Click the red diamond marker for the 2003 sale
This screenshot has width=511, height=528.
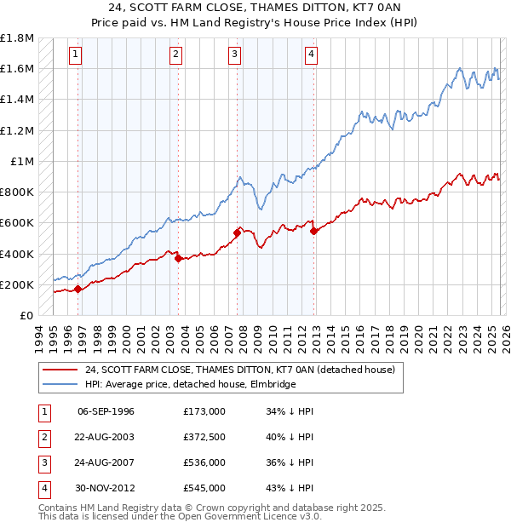[x=178, y=258]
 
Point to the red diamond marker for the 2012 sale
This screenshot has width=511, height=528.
[x=313, y=231]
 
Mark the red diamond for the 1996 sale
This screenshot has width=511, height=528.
[x=78, y=289]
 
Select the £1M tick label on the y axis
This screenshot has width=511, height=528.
[x=22, y=162]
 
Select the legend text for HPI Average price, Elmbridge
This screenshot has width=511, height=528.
[x=190, y=384]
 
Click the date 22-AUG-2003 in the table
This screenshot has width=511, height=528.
[x=106, y=437]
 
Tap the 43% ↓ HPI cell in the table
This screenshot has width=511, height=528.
[x=290, y=488]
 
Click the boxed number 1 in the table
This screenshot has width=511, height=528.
[x=42, y=411]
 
